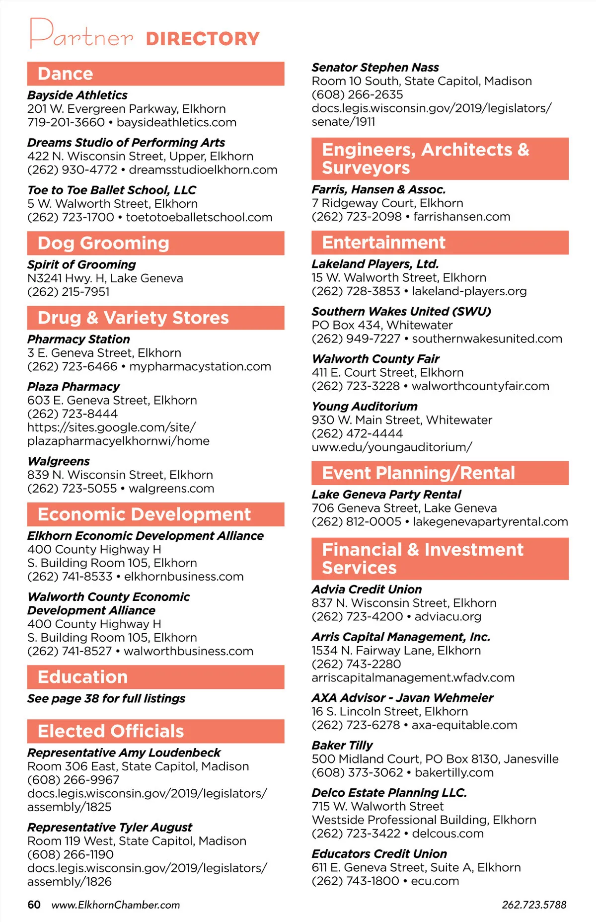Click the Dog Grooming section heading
tap(103, 243)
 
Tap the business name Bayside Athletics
tap(77, 95)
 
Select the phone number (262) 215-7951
tap(69, 292)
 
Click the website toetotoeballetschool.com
tap(199, 217)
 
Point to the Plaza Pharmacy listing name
tap(74, 387)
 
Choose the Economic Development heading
tap(144, 514)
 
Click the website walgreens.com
tap(171, 489)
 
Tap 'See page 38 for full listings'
tap(106, 698)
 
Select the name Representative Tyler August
tap(110, 827)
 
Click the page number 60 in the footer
tap(34, 905)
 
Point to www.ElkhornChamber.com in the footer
tap(116, 905)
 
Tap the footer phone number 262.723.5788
tap(534, 905)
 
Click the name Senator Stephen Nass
tap(375, 67)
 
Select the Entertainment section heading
tap(383, 243)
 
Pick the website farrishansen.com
tap(462, 217)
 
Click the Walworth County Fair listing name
tap(375, 359)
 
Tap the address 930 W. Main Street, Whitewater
tap(402, 420)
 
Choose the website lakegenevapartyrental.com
tap(490, 521)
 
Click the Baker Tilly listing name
tap(342, 745)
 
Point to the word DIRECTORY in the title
tap(203, 39)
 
